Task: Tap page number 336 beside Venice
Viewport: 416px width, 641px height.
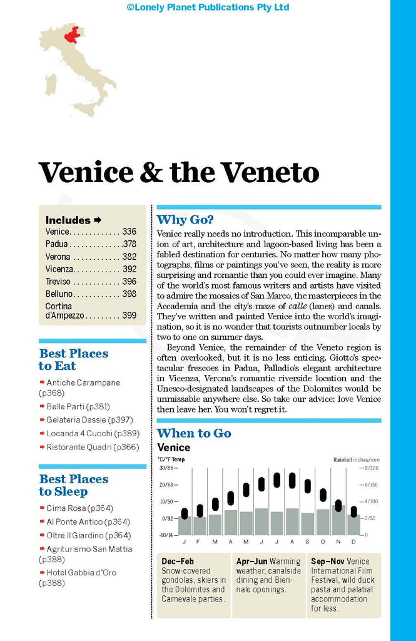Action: (x=129, y=232)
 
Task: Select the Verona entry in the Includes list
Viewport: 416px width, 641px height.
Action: (x=58, y=257)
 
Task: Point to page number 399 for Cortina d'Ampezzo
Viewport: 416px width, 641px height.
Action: (x=129, y=315)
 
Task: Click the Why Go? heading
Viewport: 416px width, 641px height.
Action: (x=185, y=220)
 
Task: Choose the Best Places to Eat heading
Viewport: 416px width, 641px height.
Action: (x=73, y=359)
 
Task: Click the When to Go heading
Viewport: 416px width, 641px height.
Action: (x=194, y=433)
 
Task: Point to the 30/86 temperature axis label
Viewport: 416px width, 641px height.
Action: (x=166, y=468)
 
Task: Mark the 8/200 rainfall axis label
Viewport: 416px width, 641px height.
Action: (x=370, y=468)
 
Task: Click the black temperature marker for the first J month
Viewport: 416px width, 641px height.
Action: (x=184, y=513)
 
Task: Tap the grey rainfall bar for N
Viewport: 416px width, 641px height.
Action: (x=338, y=520)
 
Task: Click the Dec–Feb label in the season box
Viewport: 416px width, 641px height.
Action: (x=178, y=562)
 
